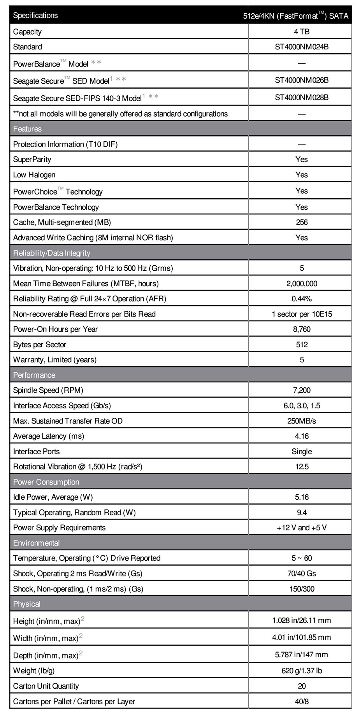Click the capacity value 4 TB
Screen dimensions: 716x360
(302, 32)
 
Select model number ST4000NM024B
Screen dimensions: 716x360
(302, 47)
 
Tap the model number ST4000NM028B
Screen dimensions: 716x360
(302, 97)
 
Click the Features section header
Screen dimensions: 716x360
(27, 129)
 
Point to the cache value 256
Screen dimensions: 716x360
(302, 222)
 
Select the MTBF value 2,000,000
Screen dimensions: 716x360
(302, 284)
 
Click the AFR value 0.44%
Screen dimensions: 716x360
(302, 299)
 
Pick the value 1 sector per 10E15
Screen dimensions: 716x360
(302, 314)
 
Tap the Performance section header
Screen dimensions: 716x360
(34, 375)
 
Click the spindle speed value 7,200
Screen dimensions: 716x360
(302, 390)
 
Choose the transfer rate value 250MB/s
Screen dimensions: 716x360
(302, 421)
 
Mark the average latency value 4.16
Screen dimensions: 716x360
(302, 436)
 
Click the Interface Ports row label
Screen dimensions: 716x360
(37, 451)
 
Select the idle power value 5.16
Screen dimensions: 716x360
(302, 497)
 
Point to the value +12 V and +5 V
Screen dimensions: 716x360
(302, 527)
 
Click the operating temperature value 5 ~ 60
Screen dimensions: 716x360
(302, 558)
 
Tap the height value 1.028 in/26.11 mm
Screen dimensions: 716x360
(302, 620)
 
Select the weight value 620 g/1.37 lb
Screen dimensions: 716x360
(302, 670)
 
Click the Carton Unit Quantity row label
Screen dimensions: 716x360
(46, 686)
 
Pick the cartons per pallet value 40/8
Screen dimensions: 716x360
(302, 701)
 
